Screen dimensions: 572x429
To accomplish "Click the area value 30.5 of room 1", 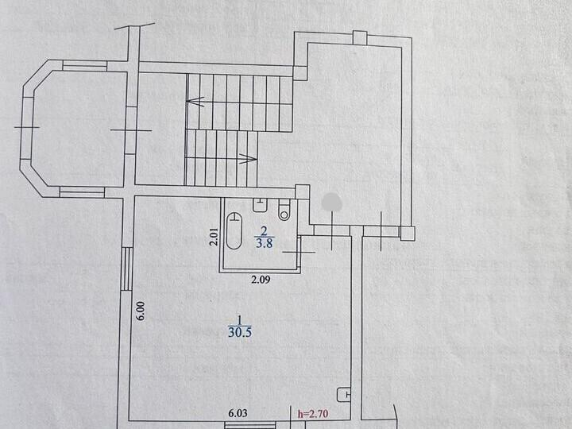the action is tap(240, 333).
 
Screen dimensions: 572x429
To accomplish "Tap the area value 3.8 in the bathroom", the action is tap(265, 243).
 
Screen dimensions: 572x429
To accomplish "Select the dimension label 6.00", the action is tap(141, 311).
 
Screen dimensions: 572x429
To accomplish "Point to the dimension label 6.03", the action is tap(238, 413).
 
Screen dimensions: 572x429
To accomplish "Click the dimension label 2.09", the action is tap(261, 280).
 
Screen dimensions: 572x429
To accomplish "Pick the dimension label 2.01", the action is tap(214, 237).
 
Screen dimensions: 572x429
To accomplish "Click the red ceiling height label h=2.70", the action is tap(313, 414).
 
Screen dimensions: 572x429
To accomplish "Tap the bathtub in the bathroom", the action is tap(234, 231).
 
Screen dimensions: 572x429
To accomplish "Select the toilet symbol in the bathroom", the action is tap(284, 211).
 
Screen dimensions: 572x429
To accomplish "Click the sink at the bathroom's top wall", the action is tap(260, 204).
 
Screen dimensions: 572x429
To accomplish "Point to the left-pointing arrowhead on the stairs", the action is tap(195, 101).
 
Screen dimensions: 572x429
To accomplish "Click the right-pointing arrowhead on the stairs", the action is tap(249, 158).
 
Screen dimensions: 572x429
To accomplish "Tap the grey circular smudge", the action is tap(332, 202).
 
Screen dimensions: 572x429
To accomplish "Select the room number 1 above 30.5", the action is tap(240, 320).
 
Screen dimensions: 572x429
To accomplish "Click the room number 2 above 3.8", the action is tap(264, 230).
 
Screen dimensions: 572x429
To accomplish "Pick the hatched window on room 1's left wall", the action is tap(126, 269).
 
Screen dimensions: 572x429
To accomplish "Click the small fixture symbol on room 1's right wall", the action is tap(344, 394).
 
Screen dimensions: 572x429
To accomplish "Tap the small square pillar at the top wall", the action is tap(360, 38).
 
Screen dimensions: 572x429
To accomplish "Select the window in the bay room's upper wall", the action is tap(85, 66).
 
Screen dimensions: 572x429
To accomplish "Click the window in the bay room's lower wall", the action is tap(83, 192).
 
